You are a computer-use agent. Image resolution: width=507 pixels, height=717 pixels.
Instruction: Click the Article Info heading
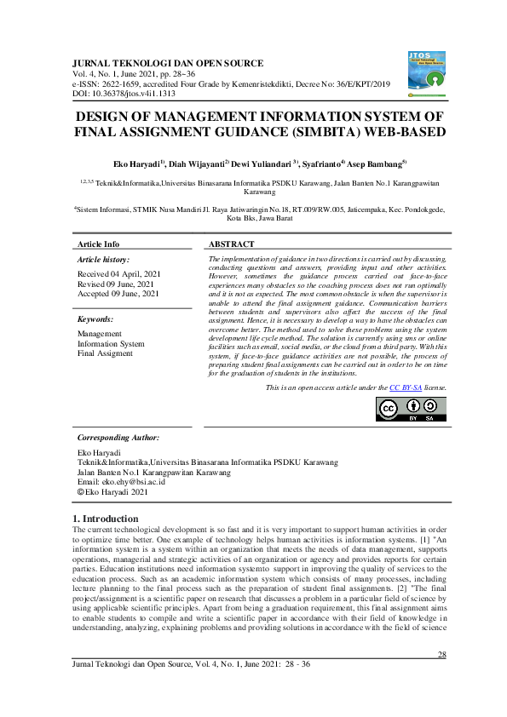(x=99, y=244)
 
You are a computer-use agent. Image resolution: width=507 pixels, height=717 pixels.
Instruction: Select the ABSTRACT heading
(x=232, y=244)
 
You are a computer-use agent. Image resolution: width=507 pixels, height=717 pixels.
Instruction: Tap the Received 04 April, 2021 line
(x=118, y=274)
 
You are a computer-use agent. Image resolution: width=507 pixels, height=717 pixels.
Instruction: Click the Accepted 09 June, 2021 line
(x=118, y=293)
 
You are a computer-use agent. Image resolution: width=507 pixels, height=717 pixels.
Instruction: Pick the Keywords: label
(x=101, y=318)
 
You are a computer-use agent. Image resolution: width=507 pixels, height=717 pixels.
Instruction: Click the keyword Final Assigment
(x=106, y=353)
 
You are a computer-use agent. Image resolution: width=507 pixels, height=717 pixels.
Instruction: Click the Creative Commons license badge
(x=410, y=409)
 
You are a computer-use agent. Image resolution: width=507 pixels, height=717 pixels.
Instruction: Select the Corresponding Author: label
(x=118, y=437)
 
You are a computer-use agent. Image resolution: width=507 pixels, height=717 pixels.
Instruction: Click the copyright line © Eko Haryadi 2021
(x=112, y=491)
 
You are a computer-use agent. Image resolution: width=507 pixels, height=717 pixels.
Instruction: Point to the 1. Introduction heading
(x=107, y=519)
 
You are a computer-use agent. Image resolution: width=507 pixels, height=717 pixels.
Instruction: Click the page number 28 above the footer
(x=441, y=654)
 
